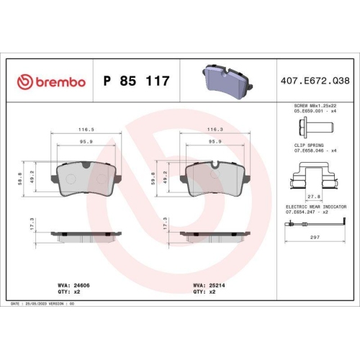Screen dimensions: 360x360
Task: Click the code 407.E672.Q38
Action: pyautogui.click(x=313, y=81)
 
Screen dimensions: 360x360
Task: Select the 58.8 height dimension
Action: pyautogui.click(x=27, y=177)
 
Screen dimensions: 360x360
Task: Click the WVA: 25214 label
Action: pyautogui.click(x=204, y=285)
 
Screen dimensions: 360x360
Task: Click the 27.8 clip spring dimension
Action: pyautogui.click(x=314, y=197)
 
